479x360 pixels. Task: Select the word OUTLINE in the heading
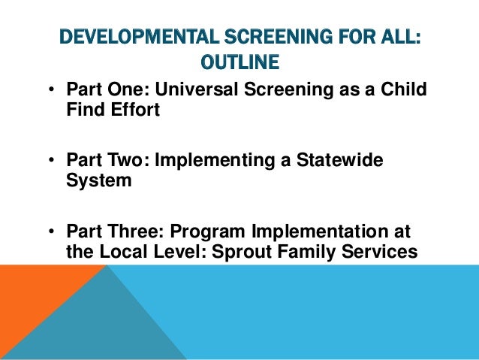click(x=239, y=60)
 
